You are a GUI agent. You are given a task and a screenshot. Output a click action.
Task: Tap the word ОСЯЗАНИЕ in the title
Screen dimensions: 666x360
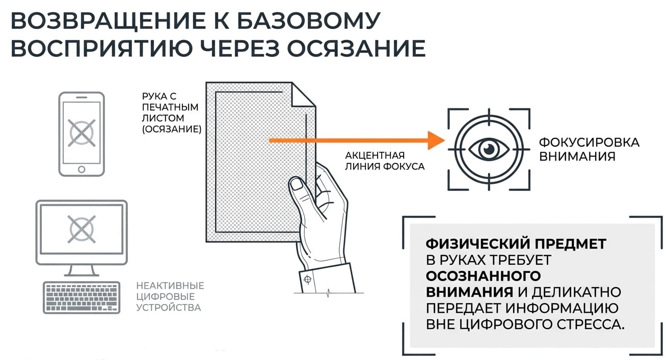pos(356,48)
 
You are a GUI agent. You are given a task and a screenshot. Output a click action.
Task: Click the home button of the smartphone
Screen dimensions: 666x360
pos(82,170)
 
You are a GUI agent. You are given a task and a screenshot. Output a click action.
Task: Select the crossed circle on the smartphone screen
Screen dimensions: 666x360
pos(82,133)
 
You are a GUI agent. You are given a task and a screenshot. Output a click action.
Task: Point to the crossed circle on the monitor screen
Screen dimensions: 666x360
pos(82,229)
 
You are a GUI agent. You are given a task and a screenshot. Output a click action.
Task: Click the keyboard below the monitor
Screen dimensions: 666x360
pos(82,297)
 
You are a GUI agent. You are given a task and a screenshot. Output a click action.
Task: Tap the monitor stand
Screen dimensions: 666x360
pos(82,270)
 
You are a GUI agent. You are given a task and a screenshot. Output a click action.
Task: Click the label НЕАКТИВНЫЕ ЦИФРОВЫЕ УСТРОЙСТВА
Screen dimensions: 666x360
pos(170,296)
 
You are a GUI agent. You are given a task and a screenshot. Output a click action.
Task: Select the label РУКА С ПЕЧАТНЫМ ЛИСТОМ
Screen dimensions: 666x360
pos(172,113)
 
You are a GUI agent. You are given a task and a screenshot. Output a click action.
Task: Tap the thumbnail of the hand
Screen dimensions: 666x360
pos(297,184)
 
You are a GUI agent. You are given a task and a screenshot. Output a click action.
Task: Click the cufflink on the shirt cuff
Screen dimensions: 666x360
pos(308,280)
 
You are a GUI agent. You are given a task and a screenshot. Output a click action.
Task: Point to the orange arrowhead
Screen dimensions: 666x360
pos(436,141)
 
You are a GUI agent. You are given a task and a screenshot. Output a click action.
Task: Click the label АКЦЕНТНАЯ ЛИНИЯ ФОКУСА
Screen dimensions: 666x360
pos(385,161)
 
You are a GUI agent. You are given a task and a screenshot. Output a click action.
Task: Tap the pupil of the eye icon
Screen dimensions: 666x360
pos(489,148)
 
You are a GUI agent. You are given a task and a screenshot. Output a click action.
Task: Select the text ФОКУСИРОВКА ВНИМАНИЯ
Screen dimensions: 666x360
pos(589,149)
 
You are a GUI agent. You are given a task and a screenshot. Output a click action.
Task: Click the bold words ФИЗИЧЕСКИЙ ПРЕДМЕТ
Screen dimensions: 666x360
pos(516,244)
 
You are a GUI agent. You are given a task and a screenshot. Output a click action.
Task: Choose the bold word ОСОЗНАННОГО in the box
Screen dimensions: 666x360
pos(483,276)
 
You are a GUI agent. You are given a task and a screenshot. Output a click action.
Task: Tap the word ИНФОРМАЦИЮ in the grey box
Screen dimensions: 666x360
pos(562,309)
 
